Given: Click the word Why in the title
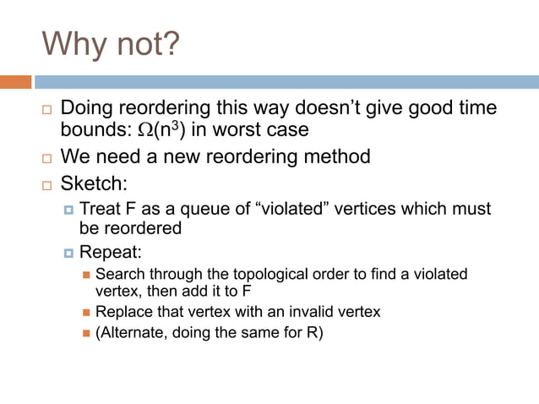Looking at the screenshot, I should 74,44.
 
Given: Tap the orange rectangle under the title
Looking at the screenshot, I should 16,82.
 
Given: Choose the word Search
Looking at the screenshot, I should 119,274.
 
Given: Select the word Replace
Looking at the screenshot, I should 123,312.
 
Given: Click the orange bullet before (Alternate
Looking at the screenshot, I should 86,332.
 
